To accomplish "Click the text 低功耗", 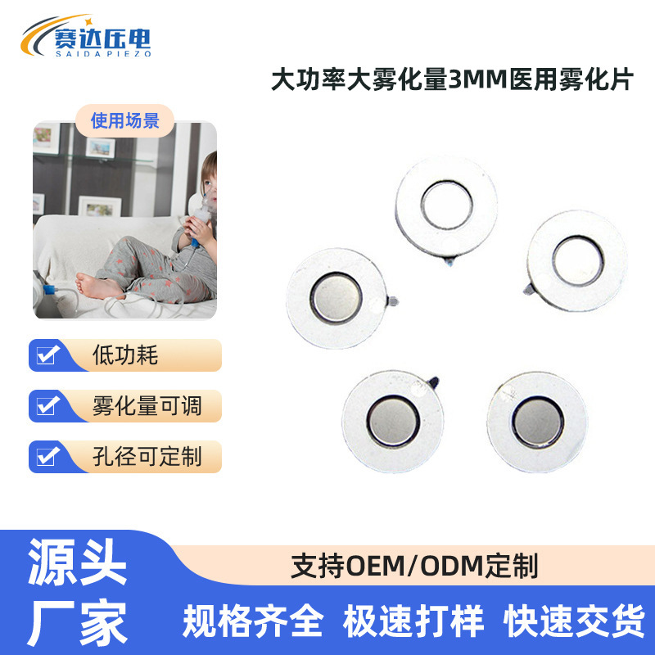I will pyautogui.click(x=124, y=355).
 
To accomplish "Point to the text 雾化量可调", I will pyautogui.click(x=147, y=405).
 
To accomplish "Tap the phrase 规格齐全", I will pyautogui.click(x=253, y=620).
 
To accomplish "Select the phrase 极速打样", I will pyautogui.click(x=413, y=620).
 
